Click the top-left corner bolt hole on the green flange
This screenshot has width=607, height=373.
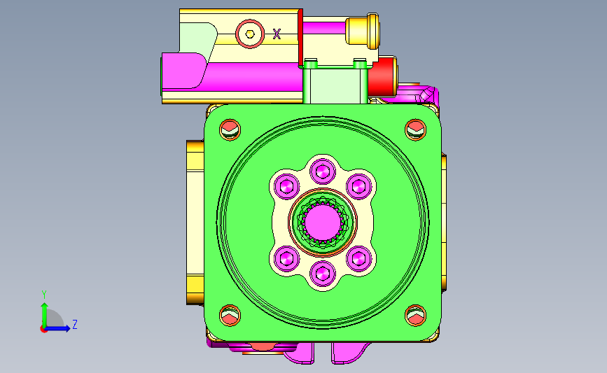coord(230,129)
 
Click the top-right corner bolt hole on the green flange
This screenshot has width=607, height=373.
coord(415,129)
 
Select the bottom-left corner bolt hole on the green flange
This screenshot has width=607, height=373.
coord(230,316)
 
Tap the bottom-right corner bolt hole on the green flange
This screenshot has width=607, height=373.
coord(415,316)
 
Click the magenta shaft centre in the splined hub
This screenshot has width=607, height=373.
coord(323,222)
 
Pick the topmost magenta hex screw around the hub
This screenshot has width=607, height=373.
coord(323,171)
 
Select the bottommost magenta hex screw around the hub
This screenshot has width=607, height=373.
coord(323,274)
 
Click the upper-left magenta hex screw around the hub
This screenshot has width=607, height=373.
coord(287,186)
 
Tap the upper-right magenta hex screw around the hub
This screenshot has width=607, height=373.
coord(359,186)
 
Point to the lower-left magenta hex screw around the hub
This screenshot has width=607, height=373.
coord(287,258)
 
